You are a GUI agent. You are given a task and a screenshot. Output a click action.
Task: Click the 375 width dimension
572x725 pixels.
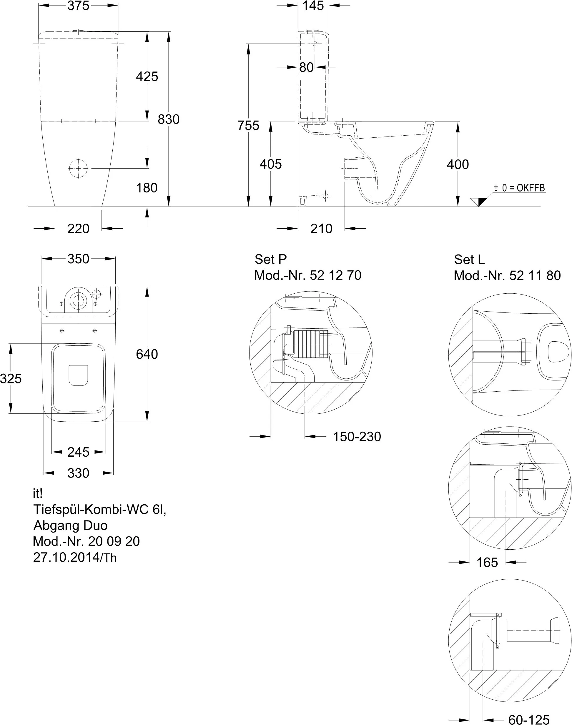tap(78, 6)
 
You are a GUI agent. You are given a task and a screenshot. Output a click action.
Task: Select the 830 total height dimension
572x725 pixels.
tap(169, 119)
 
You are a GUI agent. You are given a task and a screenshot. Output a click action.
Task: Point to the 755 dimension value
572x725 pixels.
tap(248, 125)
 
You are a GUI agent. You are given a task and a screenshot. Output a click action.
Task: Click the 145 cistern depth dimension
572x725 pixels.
tap(313, 6)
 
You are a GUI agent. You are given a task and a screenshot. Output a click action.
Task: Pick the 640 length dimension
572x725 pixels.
tap(147, 354)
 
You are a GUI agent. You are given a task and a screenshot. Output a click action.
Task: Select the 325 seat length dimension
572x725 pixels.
tap(11, 378)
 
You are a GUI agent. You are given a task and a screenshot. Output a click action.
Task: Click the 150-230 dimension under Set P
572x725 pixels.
tap(357, 437)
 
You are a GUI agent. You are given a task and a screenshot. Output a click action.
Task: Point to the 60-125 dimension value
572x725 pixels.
tap(529, 719)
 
